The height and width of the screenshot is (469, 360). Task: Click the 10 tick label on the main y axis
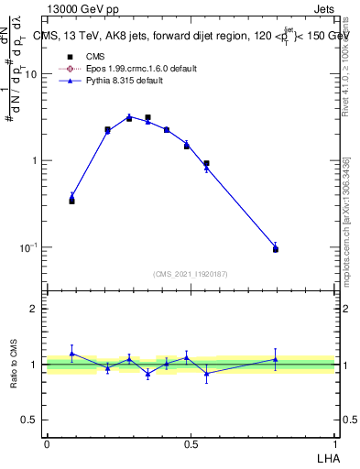point(30,74)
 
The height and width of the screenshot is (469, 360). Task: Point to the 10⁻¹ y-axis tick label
point(28,247)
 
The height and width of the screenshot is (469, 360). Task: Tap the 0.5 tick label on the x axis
point(191,443)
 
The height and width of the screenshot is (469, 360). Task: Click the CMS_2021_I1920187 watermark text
point(191,273)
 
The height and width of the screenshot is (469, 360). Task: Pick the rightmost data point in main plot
point(276,248)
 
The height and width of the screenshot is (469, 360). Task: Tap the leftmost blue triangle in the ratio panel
point(71,354)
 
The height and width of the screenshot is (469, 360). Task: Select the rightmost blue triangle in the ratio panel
point(276,359)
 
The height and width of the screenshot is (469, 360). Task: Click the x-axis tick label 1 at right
point(335,443)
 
